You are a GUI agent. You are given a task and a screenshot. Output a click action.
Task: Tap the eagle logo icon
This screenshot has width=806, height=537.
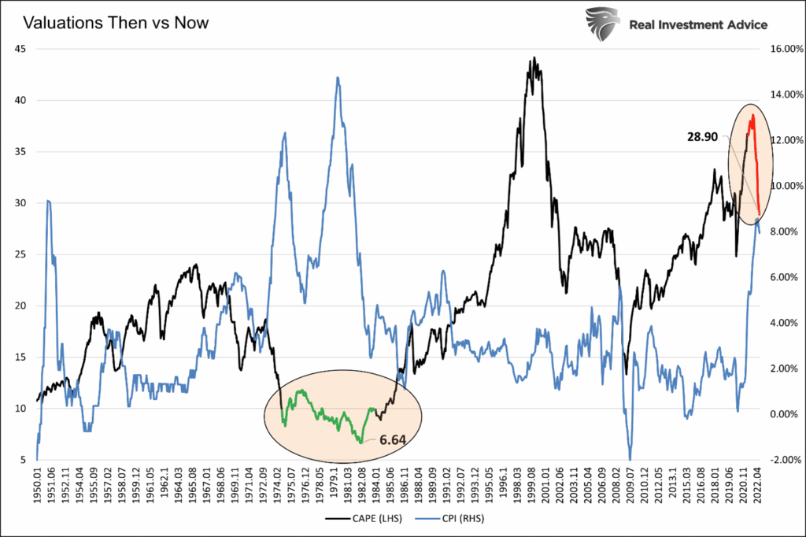click(x=602, y=24)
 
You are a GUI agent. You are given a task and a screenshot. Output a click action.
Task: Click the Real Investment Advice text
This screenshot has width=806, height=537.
click(x=698, y=24)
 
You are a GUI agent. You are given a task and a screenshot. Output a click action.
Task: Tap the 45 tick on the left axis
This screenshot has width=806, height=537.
click(x=21, y=49)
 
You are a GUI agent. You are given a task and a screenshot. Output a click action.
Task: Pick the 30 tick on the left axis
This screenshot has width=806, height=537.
click(x=21, y=203)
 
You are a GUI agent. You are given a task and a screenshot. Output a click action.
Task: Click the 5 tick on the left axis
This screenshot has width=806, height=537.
click(x=24, y=460)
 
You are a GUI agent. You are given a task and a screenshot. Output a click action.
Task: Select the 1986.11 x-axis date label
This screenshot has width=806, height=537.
click(x=403, y=486)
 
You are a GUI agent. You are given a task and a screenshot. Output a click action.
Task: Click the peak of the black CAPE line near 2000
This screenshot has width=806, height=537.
click(x=534, y=58)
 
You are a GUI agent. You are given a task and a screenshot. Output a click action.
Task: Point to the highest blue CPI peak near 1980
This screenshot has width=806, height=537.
click(x=338, y=78)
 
